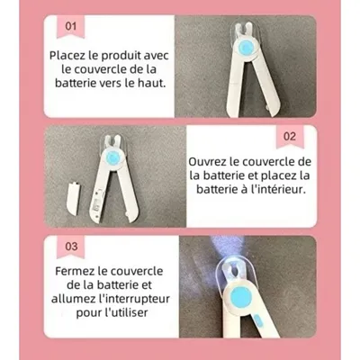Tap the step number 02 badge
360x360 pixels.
290,137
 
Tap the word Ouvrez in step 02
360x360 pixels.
212,160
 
